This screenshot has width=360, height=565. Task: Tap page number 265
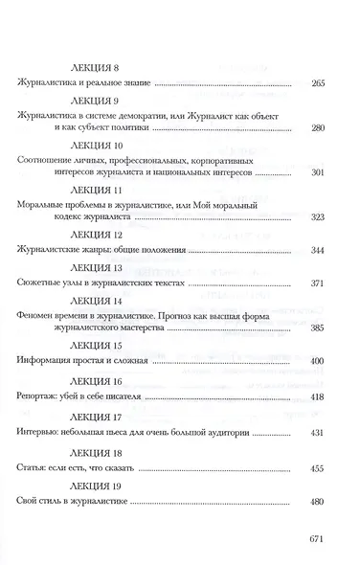[x=320, y=85]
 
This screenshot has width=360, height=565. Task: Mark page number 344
[x=320, y=251]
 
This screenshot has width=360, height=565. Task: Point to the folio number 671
[x=319, y=539]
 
